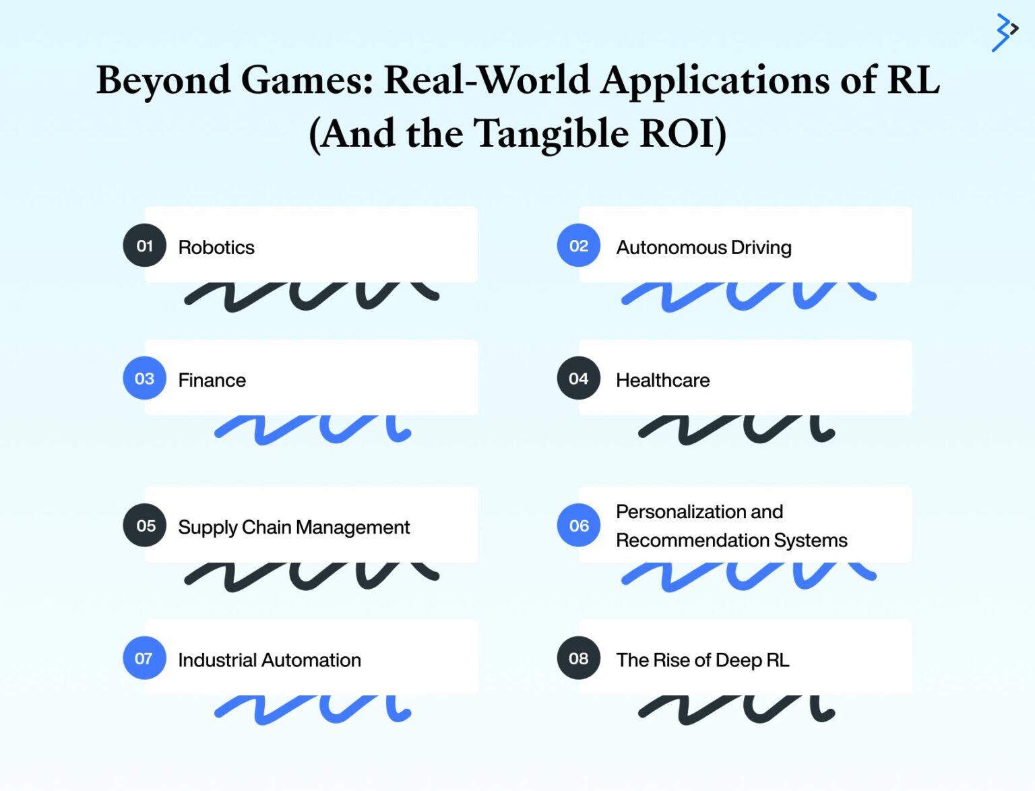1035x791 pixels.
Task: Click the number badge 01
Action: click(x=144, y=246)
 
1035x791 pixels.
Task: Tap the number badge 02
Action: click(x=578, y=246)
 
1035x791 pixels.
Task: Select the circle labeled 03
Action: click(x=144, y=379)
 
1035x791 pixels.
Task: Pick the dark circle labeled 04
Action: click(x=578, y=379)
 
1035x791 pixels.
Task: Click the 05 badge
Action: click(x=144, y=526)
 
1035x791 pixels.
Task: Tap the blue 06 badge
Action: click(x=578, y=526)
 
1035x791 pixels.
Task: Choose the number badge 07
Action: click(x=144, y=658)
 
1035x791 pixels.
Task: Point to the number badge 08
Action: click(x=578, y=658)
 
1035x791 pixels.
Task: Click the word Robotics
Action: click(x=216, y=247)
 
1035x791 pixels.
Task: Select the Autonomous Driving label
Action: click(x=703, y=247)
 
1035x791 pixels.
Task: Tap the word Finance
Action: click(x=212, y=380)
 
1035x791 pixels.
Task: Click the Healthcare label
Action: click(x=662, y=380)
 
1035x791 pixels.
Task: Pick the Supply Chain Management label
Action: click(x=294, y=527)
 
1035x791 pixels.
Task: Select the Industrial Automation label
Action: click(x=270, y=660)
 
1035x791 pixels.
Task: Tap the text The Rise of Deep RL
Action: click(x=702, y=660)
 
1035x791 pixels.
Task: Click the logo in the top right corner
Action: click(x=1004, y=32)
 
